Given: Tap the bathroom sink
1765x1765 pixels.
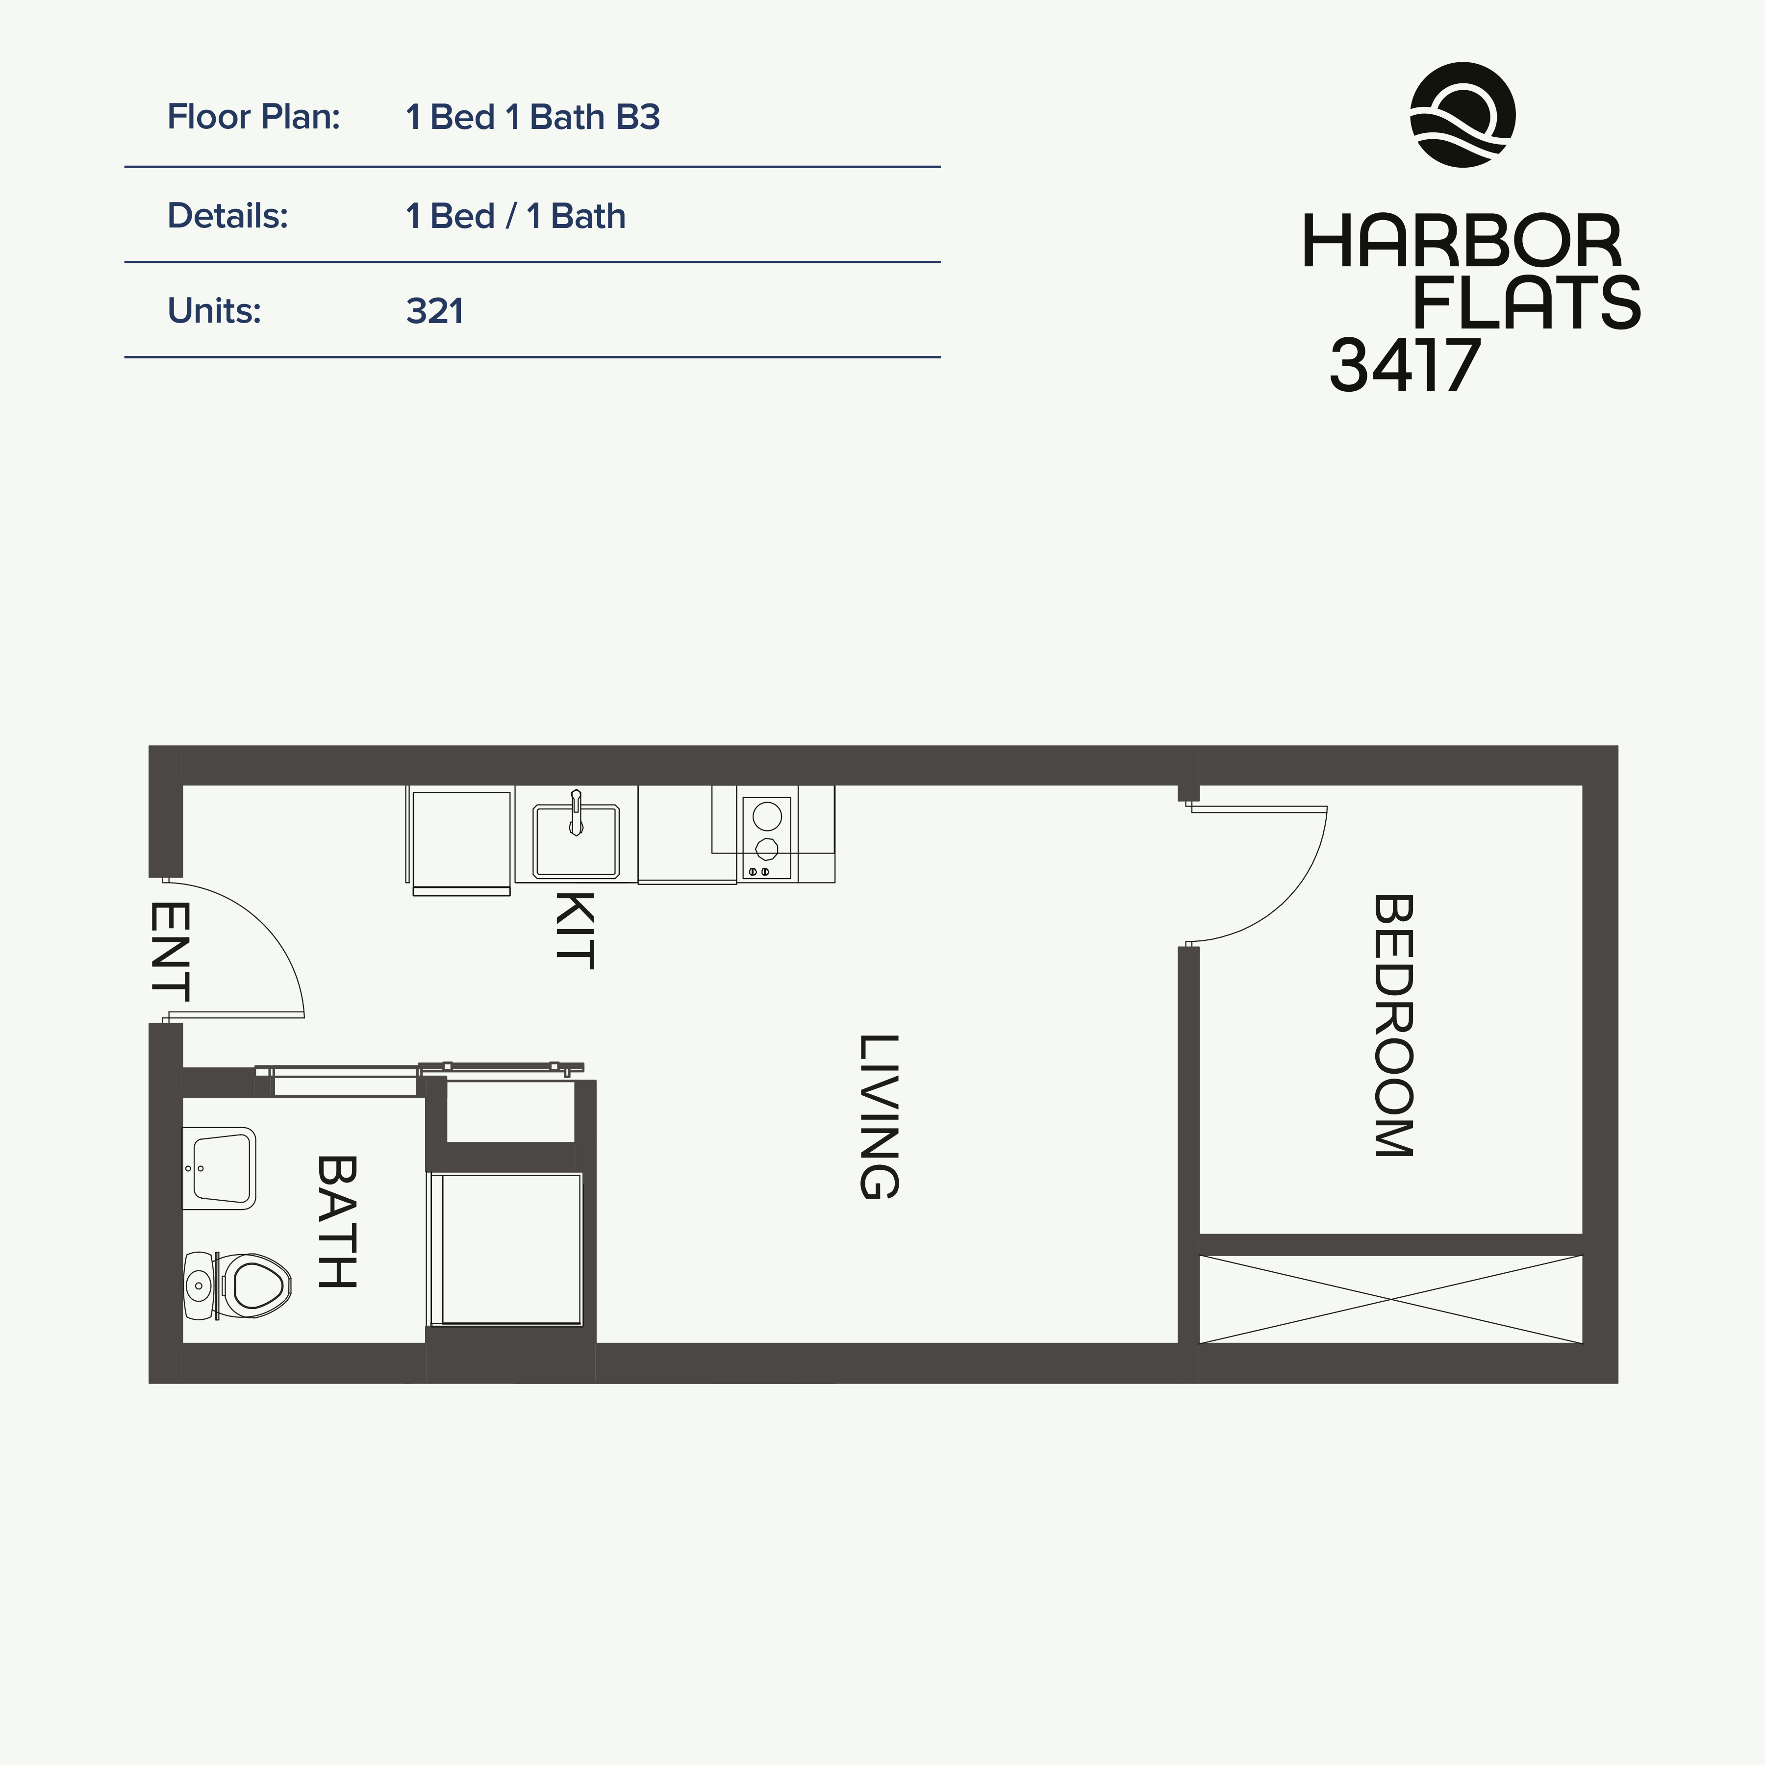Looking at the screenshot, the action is tap(219, 1168).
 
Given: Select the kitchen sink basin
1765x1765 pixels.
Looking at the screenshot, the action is tap(576, 840).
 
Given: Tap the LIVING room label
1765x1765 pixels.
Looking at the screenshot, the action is tap(880, 1116).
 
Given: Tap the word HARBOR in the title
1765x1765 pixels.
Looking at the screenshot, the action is tap(1462, 242).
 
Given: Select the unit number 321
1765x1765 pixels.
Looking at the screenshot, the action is tap(435, 311).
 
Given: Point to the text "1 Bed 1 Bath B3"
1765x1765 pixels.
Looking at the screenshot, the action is tap(532, 117).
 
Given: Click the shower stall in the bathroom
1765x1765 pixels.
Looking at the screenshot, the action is tap(505, 1249).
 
